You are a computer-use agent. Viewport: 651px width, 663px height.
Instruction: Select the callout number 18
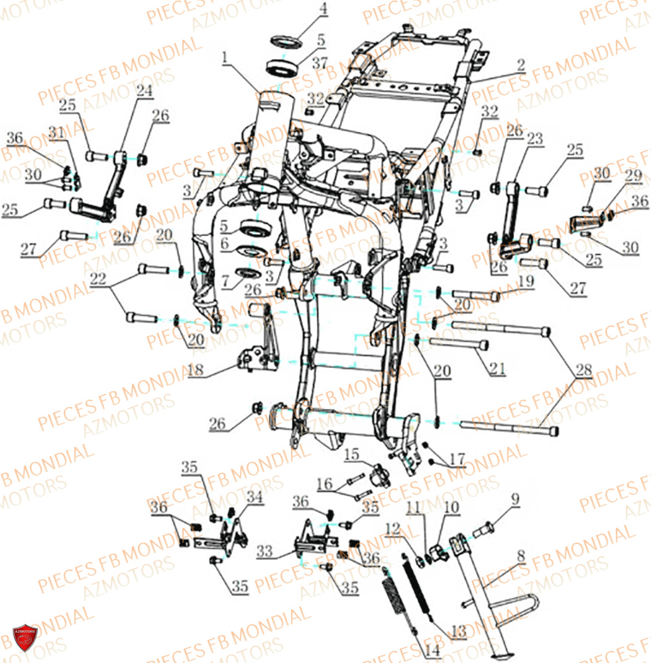pos(195,371)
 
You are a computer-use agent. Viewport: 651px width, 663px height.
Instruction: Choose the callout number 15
pos(350,455)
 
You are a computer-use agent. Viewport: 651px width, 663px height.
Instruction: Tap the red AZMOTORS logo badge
pos(26,637)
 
